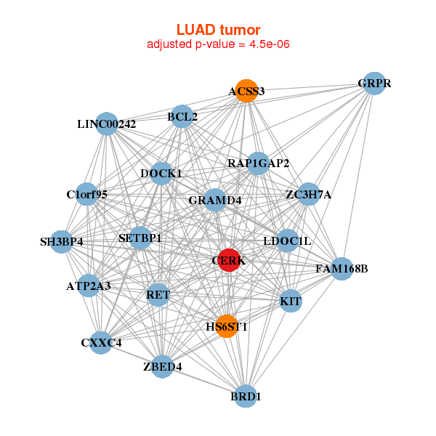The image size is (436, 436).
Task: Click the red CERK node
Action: click(229, 260)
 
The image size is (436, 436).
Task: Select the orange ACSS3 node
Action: click(246, 91)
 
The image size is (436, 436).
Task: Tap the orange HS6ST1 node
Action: click(227, 326)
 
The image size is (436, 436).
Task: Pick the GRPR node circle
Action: click(374, 84)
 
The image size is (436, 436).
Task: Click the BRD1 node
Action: click(246, 397)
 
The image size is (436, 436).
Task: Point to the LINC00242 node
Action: click(107, 124)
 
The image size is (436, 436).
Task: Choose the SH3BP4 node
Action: click(62, 241)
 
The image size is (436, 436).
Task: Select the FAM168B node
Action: click(342, 269)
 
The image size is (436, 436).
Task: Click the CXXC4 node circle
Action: click(101, 342)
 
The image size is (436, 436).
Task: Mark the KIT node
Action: click(290, 301)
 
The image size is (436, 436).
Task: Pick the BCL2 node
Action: click(182, 116)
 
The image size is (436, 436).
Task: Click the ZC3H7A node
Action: click(308, 194)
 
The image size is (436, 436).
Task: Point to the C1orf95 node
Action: click(86, 194)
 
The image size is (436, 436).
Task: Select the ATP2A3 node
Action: click(89, 286)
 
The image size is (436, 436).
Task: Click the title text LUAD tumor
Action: click(218, 30)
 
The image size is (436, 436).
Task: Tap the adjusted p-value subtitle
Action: click(218, 44)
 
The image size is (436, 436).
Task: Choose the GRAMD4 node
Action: click(215, 200)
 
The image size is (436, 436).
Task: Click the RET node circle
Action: click(158, 295)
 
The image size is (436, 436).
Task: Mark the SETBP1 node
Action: click(140, 238)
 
